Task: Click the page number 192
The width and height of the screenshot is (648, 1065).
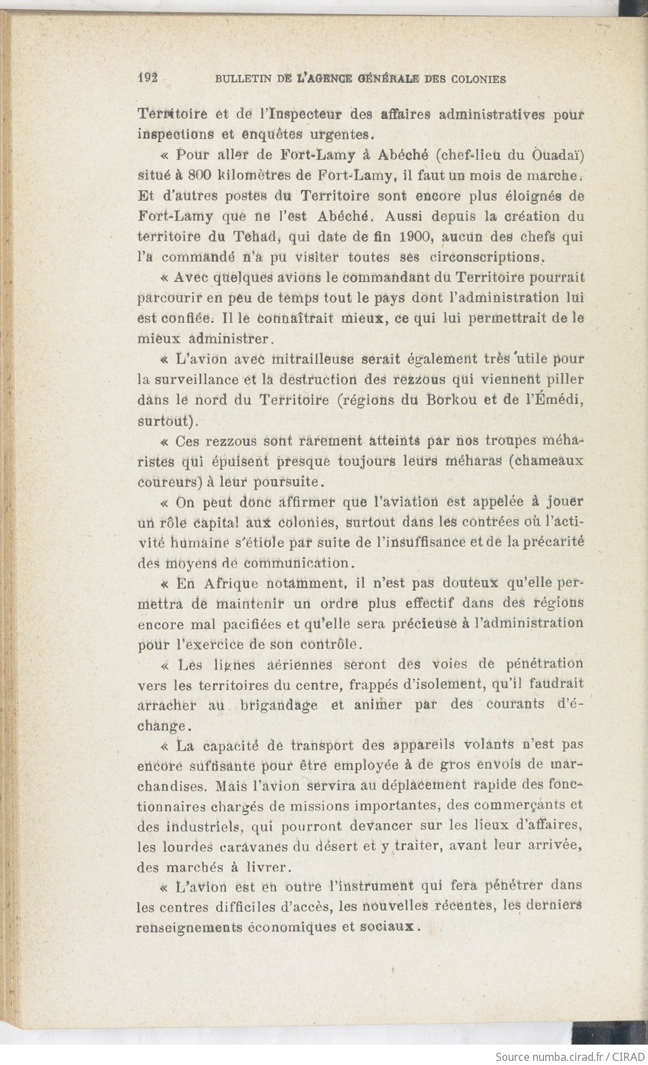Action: [148, 78]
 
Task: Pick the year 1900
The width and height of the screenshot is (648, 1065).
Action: [416, 237]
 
